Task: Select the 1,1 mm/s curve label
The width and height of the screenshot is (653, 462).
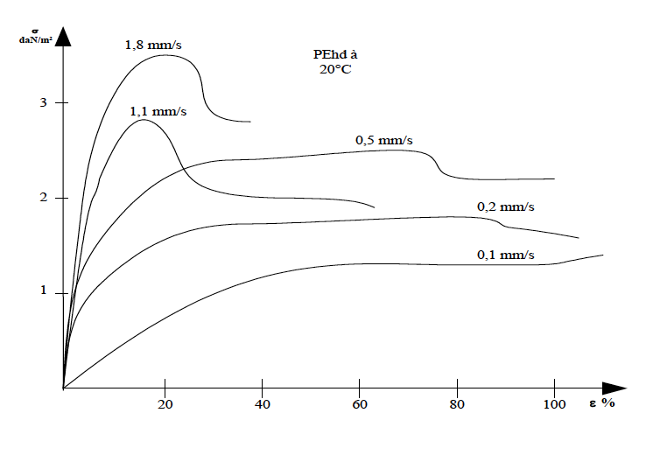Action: (158, 111)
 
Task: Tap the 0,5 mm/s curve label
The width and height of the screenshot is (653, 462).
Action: (383, 139)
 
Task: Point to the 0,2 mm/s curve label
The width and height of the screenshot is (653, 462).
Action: (505, 206)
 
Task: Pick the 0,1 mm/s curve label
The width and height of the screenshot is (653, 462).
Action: (505, 255)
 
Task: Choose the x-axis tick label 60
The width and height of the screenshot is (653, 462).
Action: (359, 403)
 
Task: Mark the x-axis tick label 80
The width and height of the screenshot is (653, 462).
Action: (457, 403)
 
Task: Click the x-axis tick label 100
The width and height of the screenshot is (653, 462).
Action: (554, 403)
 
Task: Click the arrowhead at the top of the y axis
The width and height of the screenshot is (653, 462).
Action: (63, 35)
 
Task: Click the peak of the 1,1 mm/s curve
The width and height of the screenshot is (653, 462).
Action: (143, 120)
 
